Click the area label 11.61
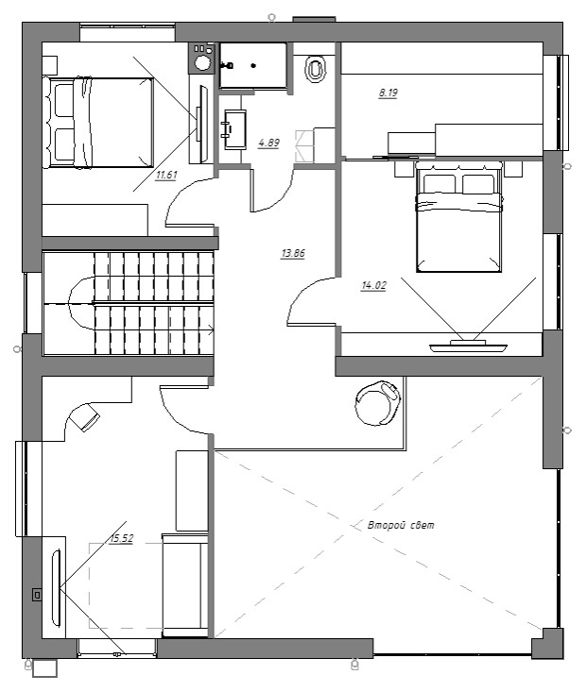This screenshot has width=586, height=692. click(166, 176)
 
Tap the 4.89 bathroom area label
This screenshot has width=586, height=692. click(268, 143)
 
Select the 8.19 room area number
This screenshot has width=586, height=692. click(388, 93)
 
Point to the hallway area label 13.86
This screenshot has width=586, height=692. click(293, 254)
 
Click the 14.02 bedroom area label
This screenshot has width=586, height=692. click(373, 285)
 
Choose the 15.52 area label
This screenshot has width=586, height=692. click(122, 538)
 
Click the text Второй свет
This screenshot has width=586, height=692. click(401, 525)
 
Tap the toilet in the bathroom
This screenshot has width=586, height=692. click(315, 69)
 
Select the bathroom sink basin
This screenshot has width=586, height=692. click(234, 129)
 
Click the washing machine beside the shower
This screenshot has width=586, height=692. click(202, 58)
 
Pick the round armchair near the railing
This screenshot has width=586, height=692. click(378, 402)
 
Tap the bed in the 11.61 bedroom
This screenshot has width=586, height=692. click(98, 122)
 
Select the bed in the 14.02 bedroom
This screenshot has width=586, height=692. click(459, 217)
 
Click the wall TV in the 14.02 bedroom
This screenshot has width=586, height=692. click(469, 346)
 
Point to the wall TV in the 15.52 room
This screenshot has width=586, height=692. click(56, 587)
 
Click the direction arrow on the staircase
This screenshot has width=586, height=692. click(211, 329)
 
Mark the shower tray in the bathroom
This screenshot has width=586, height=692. click(253, 65)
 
